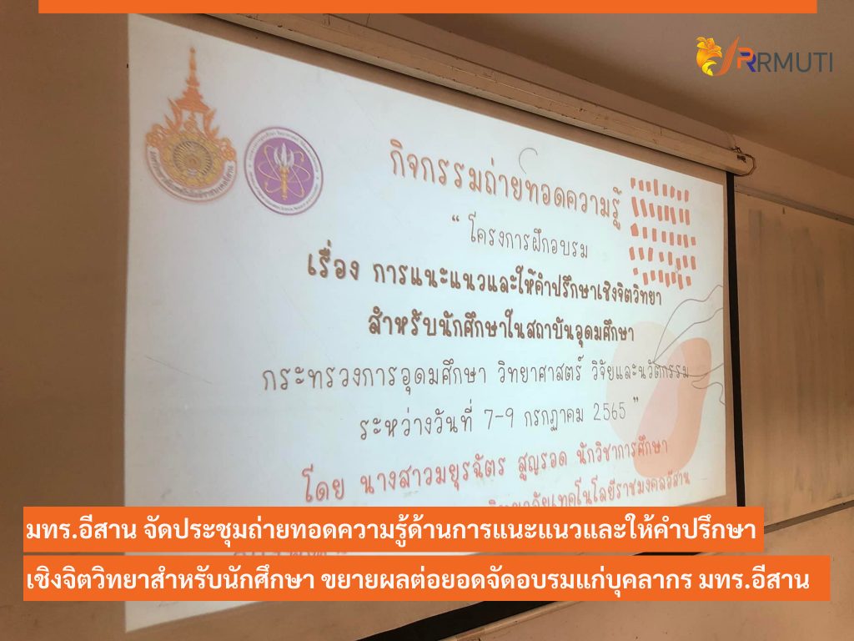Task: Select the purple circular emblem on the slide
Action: pos(284,169)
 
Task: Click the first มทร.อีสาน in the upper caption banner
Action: pos(73,530)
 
